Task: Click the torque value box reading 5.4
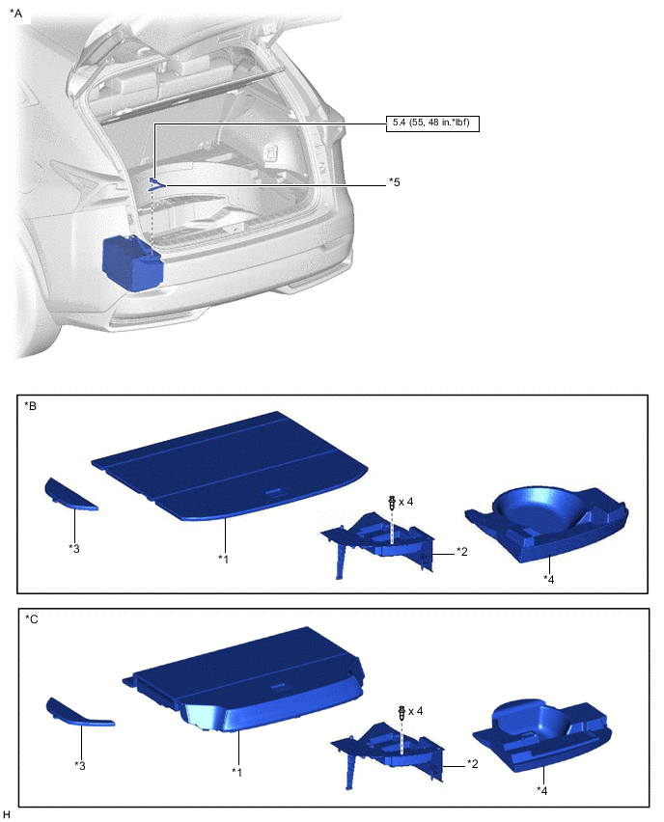pyautogui.click(x=432, y=123)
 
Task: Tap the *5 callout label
pyautogui.click(x=394, y=182)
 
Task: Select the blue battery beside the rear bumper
pyautogui.click(x=132, y=262)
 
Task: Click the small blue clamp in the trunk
pyautogui.click(x=156, y=183)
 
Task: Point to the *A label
pyautogui.click(x=15, y=14)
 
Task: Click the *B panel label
pyautogui.click(x=31, y=406)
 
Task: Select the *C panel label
pyautogui.click(x=32, y=619)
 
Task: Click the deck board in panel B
pyautogui.click(x=230, y=466)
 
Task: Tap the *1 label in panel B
pyautogui.click(x=224, y=560)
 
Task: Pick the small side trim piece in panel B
pyautogui.click(x=69, y=495)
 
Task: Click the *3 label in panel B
pyautogui.click(x=74, y=548)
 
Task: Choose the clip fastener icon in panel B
pyautogui.click(x=392, y=502)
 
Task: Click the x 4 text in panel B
pyautogui.click(x=406, y=503)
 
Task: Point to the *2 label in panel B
pyautogui.click(x=461, y=552)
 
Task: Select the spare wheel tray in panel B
pyautogui.click(x=547, y=524)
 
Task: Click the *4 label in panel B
pyautogui.click(x=548, y=579)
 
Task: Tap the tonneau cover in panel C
pyautogui.click(x=243, y=679)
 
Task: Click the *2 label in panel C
pyautogui.click(x=472, y=764)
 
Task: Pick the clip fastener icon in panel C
pyautogui.click(x=402, y=712)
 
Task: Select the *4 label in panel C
pyautogui.click(x=541, y=790)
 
